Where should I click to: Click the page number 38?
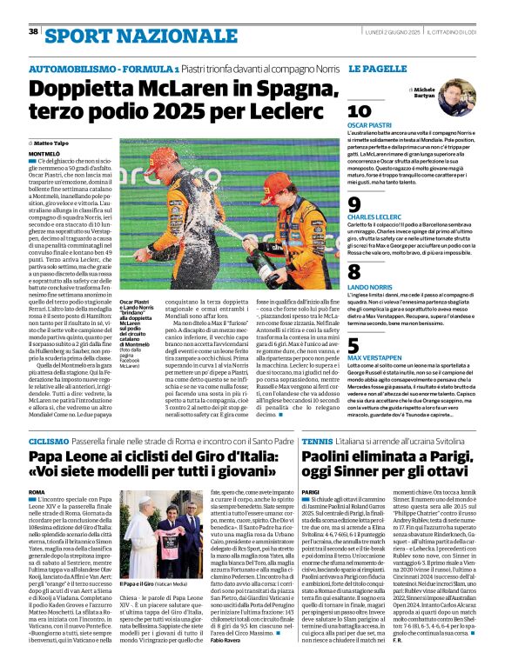(33, 31)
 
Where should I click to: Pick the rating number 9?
(354, 203)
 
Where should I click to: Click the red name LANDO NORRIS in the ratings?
(368, 286)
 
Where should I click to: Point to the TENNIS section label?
(316, 443)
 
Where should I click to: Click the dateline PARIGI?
(311, 492)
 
